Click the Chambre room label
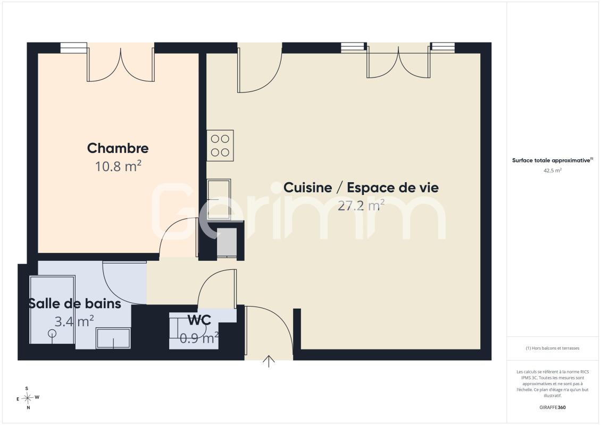tap(118, 148)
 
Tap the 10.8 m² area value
tap(118, 166)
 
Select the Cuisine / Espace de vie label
tap(361, 188)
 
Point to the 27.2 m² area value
tap(361, 205)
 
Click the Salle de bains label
tap(75, 304)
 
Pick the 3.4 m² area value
tap(74, 321)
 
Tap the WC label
tap(199, 320)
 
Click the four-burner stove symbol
tap(220, 146)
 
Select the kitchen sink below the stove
tap(219, 199)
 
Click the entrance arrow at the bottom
tap(269, 361)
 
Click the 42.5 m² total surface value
tap(552, 171)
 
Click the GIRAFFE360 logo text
tap(552, 407)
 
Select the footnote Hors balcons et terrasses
tap(552, 348)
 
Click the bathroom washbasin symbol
tap(113, 338)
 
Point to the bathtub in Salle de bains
tap(52, 309)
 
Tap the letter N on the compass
tap(28, 408)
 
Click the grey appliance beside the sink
tap(227, 242)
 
